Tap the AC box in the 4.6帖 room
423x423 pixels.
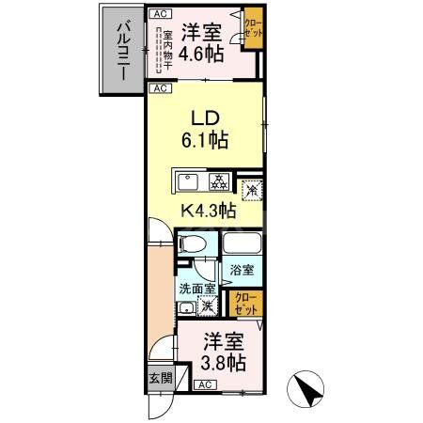pyautogui.click(x=161, y=15)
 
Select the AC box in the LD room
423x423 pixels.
pyautogui.click(x=161, y=88)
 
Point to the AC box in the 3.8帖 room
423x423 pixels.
pyautogui.click(x=205, y=385)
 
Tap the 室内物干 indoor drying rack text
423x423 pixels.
pyautogui.click(x=158, y=51)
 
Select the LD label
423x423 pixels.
pyautogui.click(x=206, y=120)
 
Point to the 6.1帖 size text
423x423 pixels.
pyautogui.click(x=207, y=143)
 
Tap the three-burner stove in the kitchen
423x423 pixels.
pyautogui.click(x=217, y=180)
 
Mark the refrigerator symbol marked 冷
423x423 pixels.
pyautogui.click(x=250, y=190)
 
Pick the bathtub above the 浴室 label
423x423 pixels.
pyautogui.click(x=243, y=246)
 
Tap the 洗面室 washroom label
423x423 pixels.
pyautogui.click(x=197, y=290)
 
